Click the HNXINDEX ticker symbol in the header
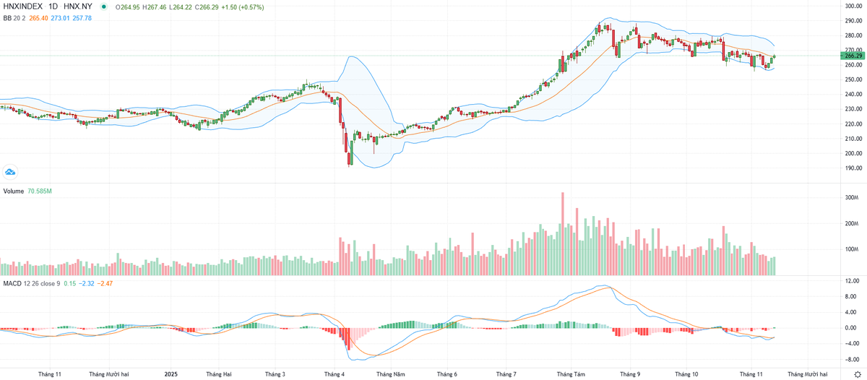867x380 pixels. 24,7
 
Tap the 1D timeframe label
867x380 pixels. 53,7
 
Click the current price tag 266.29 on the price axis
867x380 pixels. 853,56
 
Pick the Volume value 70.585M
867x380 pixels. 40,191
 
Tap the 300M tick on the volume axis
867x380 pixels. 851,197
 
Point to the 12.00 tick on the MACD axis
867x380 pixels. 852,280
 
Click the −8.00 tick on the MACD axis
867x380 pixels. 852,359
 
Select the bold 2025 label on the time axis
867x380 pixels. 171,374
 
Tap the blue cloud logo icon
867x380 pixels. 10,171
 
